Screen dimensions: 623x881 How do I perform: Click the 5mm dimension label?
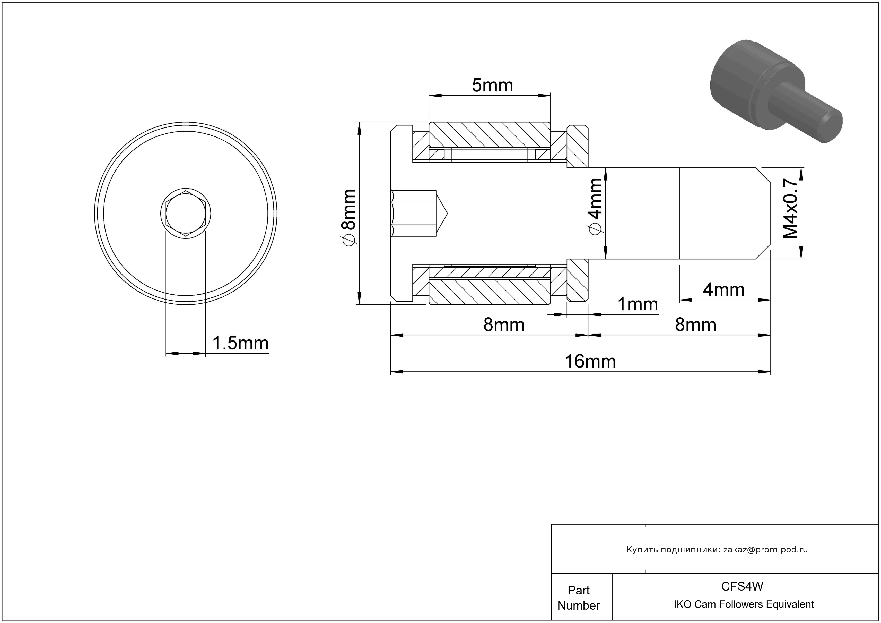[492, 85]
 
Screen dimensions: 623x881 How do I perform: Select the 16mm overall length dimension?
[590, 361]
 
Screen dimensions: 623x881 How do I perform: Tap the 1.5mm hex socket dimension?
[240, 343]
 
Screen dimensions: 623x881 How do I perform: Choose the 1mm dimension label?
[637, 304]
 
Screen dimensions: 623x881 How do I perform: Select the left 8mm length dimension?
[503, 325]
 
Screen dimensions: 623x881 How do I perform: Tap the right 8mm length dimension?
[695, 325]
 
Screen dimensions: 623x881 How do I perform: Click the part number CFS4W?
[742, 586]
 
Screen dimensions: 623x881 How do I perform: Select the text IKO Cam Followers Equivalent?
[744, 604]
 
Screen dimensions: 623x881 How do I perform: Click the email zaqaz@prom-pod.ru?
[765, 549]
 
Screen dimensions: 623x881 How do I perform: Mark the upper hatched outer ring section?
[489, 134]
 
